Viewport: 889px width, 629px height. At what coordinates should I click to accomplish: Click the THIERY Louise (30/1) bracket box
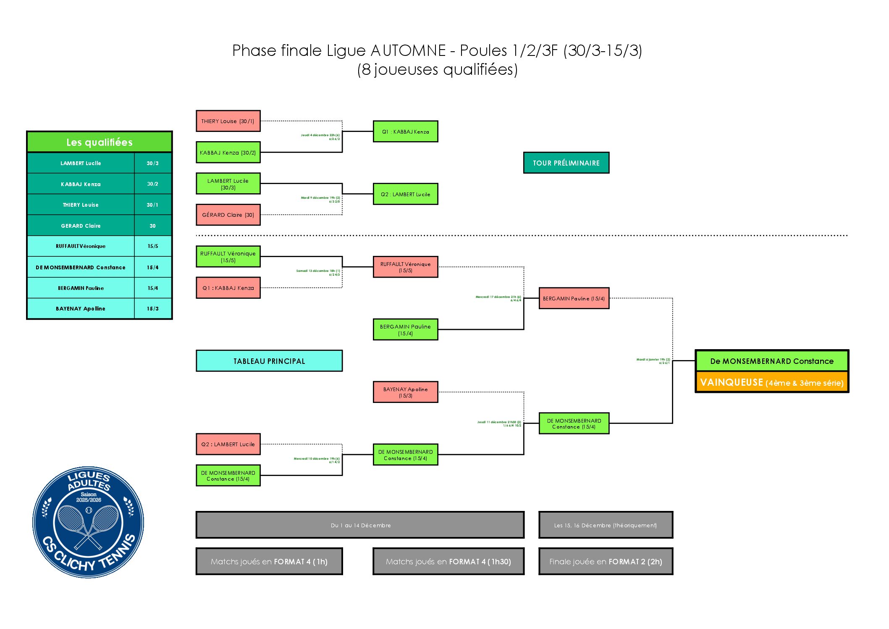click(x=228, y=121)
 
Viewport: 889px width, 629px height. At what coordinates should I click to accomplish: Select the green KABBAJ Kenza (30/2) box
click(x=228, y=153)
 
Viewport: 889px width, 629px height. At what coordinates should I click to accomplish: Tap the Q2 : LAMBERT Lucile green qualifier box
click(x=405, y=194)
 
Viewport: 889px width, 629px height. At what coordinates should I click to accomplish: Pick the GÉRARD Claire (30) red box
click(x=228, y=215)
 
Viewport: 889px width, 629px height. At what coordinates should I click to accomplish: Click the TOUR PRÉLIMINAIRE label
click(x=566, y=163)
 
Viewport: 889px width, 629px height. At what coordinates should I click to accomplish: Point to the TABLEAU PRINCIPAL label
click(x=269, y=361)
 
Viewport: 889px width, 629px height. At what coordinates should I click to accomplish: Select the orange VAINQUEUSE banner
click(x=772, y=382)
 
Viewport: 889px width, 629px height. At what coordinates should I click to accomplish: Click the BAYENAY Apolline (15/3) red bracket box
click(x=405, y=392)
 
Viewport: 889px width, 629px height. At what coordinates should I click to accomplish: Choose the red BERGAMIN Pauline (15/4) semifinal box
click(x=574, y=298)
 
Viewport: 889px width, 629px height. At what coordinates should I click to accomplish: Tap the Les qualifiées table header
click(x=100, y=142)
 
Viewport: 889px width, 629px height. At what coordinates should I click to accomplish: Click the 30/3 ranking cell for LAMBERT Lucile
click(x=152, y=163)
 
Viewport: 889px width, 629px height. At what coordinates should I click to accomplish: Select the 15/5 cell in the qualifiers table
click(x=152, y=246)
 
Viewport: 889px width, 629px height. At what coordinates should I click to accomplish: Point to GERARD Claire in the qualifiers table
click(x=81, y=226)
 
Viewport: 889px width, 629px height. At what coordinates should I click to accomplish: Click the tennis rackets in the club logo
click(x=88, y=525)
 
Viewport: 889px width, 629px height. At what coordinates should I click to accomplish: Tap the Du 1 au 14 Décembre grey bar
click(x=360, y=525)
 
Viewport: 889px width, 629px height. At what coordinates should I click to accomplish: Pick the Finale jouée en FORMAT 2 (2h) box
click(x=606, y=561)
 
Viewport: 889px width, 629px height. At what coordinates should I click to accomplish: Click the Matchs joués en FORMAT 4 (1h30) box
click(x=448, y=561)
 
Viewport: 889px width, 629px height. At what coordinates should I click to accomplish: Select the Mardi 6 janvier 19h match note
click(x=653, y=361)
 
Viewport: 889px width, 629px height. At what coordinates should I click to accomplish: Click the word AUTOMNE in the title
click(x=408, y=50)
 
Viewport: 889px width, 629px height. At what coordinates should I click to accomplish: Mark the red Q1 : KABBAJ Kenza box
click(x=228, y=288)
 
